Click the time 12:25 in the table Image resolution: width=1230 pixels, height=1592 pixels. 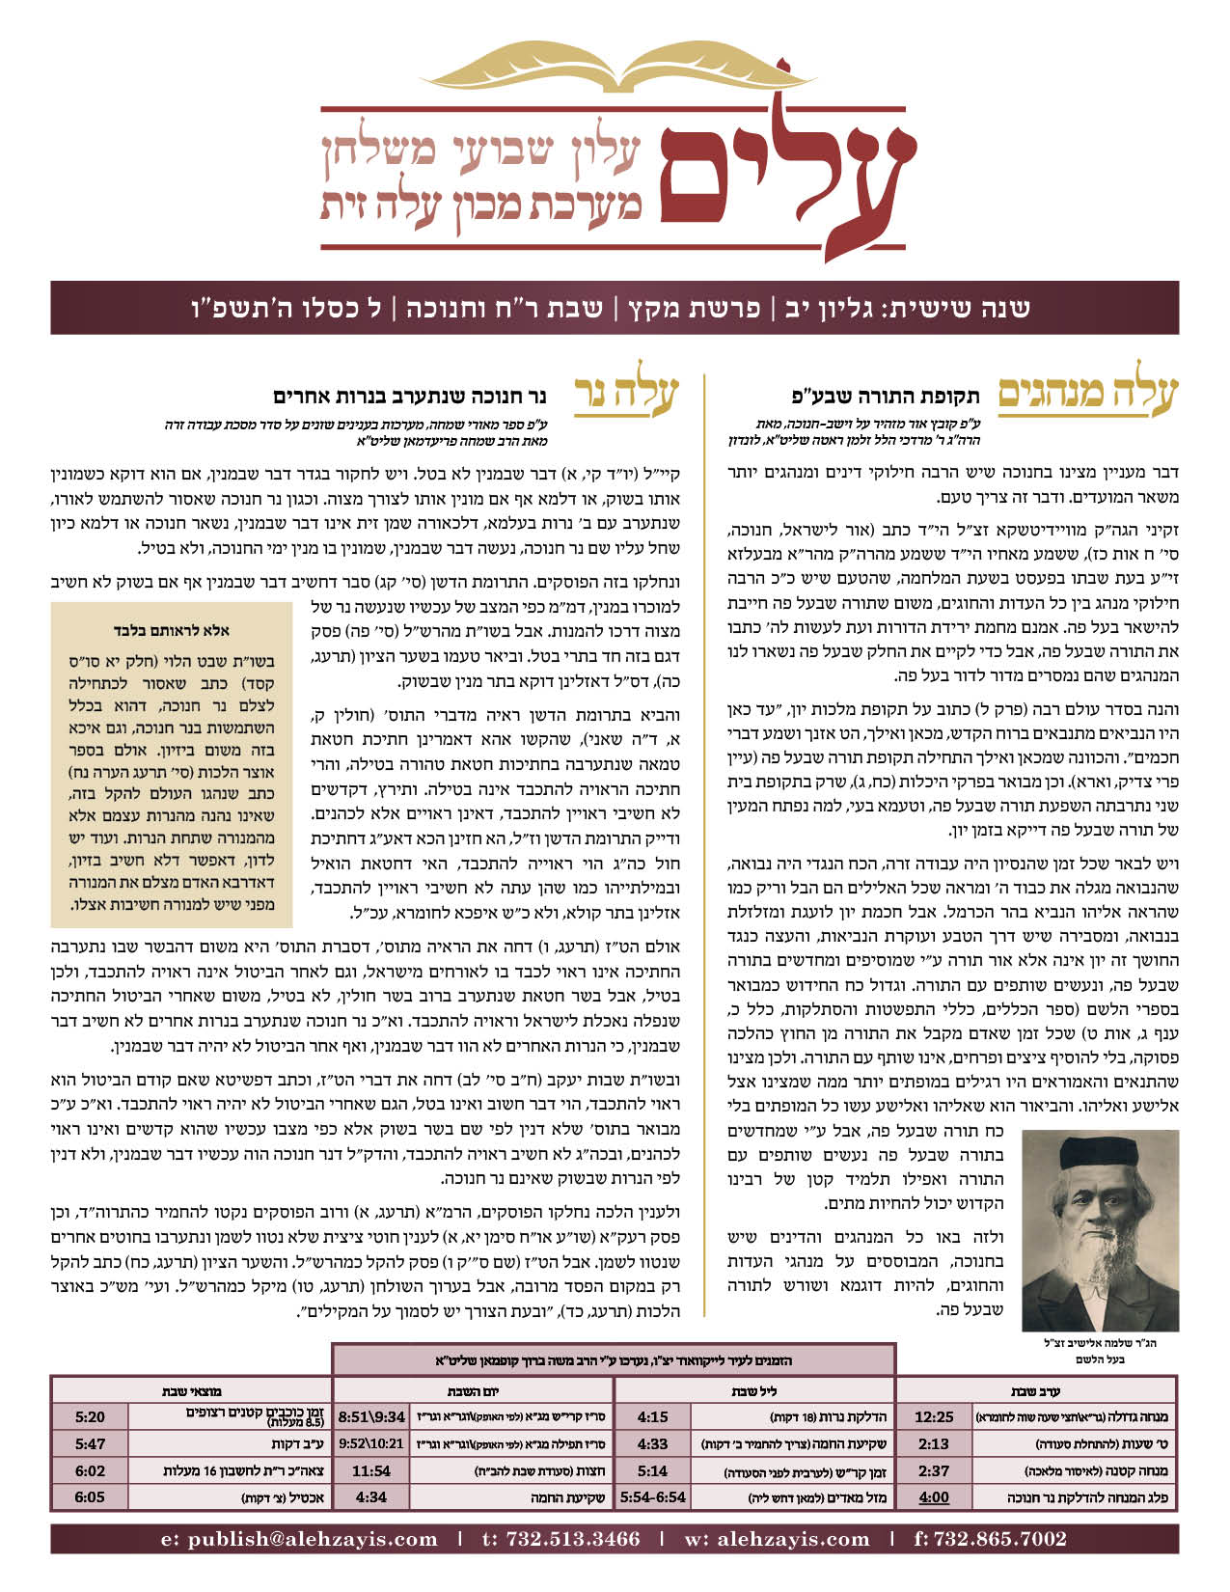click(933, 1417)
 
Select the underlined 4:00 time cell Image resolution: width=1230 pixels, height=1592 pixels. click(933, 1497)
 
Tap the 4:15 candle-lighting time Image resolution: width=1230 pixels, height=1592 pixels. click(652, 1417)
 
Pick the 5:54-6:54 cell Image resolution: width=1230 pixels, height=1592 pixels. click(652, 1497)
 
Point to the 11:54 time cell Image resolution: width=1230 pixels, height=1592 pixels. click(370, 1471)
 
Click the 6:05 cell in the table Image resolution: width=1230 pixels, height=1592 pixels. click(90, 1497)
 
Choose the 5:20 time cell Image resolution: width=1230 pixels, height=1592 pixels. click(90, 1417)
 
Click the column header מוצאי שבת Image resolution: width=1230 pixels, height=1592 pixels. click(192, 1391)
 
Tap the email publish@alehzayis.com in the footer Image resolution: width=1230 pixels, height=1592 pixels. click(299, 1539)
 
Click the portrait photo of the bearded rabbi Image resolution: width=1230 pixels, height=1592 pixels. click(1118, 1231)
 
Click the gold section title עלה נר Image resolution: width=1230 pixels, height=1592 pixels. click(627, 397)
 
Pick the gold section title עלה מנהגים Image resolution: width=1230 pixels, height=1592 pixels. click(1087, 397)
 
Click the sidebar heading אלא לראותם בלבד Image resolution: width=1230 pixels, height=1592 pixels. click(171, 629)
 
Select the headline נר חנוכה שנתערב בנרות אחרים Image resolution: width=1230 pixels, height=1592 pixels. click(410, 396)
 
